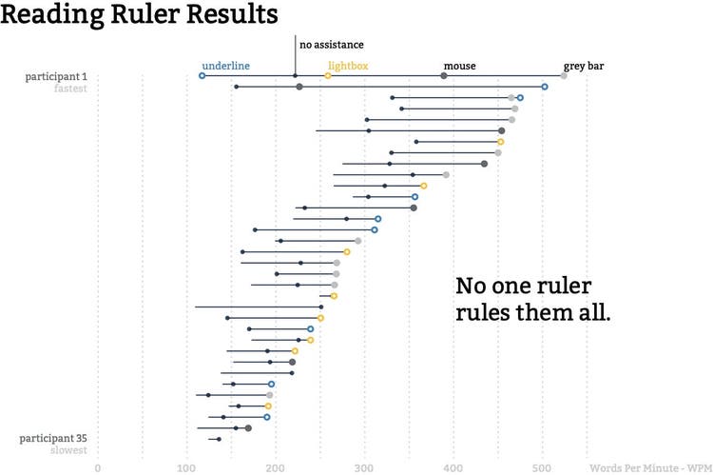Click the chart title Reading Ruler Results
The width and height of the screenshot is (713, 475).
point(140,16)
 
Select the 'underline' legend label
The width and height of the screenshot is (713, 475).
point(226,66)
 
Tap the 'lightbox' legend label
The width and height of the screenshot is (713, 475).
point(348,66)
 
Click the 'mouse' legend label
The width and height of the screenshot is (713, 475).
point(459,66)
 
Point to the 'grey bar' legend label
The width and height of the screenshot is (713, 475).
point(584,66)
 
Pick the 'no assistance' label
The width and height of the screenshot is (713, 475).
point(332,44)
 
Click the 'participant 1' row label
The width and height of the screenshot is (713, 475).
point(56,76)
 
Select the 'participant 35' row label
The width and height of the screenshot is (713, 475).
point(53,438)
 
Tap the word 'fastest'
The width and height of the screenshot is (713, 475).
point(69,89)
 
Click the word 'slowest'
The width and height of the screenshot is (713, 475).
point(69,450)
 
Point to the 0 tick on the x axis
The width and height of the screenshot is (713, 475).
point(98,467)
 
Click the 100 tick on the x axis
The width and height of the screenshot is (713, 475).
point(186,467)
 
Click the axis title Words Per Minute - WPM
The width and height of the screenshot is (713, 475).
point(649,467)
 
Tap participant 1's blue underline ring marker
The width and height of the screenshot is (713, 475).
point(202,75)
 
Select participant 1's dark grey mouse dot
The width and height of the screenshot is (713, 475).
point(444,75)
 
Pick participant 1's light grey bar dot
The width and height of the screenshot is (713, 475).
point(564,75)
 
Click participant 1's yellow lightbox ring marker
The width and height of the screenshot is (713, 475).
point(328,75)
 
